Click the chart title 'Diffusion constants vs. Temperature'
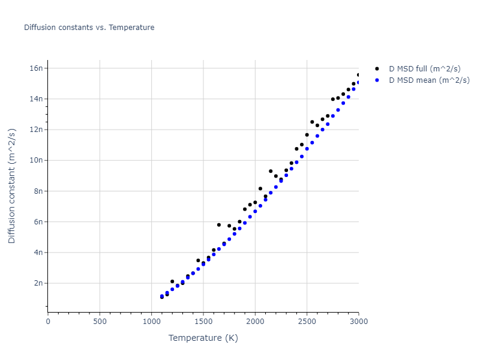pyautogui.click(x=89, y=28)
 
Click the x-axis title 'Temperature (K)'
pyautogui.click(x=203, y=338)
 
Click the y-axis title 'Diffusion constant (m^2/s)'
pyautogui.click(x=12, y=186)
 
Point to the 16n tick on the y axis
pyautogui.click(x=37, y=68)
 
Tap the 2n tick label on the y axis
pyautogui.click(x=38, y=283)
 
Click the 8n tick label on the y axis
pyautogui.click(x=38, y=191)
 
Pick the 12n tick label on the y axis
pyautogui.click(x=37, y=130)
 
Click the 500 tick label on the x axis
pyautogui.click(x=100, y=322)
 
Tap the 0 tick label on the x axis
pyautogui.click(x=48, y=322)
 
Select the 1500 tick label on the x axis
pyautogui.click(x=203, y=322)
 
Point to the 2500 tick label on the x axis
pyautogui.click(x=307, y=322)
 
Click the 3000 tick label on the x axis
pyautogui.click(x=358, y=322)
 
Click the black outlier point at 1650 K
pyautogui.click(x=218, y=225)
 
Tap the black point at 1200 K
pyautogui.click(x=172, y=281)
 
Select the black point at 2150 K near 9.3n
pyautogui.click(x=271, y=171)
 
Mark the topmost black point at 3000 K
pyautogui.click(x=358, y=75)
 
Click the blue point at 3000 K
pyautogui.click(x=358, y=83)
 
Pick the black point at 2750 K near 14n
pyautogui.click(x=332, y=100)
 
